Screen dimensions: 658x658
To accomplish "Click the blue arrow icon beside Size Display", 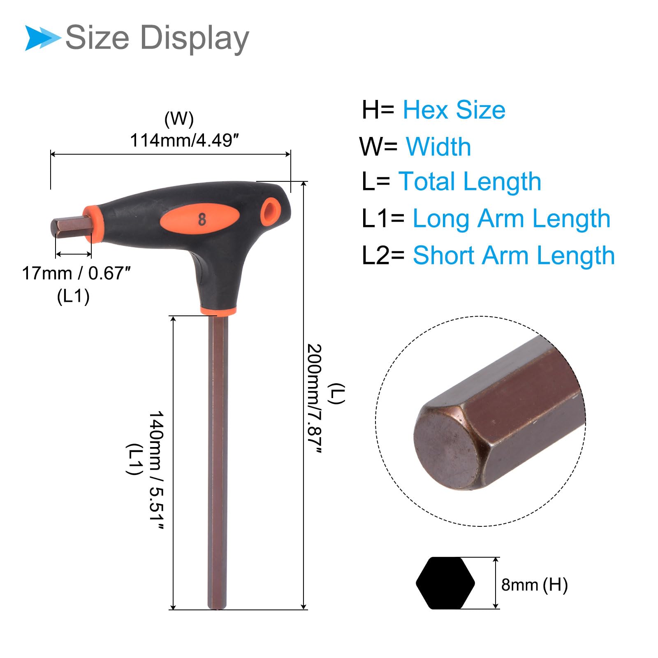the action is tap(43, 38).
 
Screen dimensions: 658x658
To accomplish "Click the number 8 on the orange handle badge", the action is tap(202, 219).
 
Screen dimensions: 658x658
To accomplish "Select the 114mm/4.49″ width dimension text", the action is tap(185, 141).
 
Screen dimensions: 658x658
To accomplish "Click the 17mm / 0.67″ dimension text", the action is tap(76, 273).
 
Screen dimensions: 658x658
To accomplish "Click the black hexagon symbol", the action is tap(445, 583).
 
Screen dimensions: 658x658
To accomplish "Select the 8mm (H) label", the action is tap(534, 584).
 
